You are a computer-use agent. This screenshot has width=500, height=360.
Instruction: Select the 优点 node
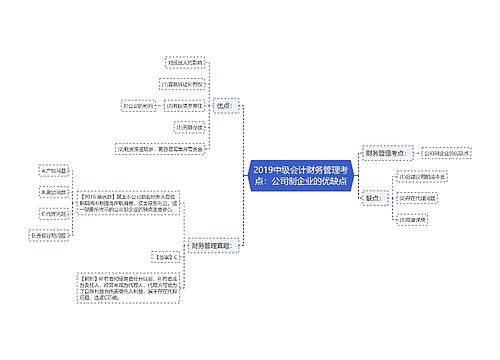(223, 104)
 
